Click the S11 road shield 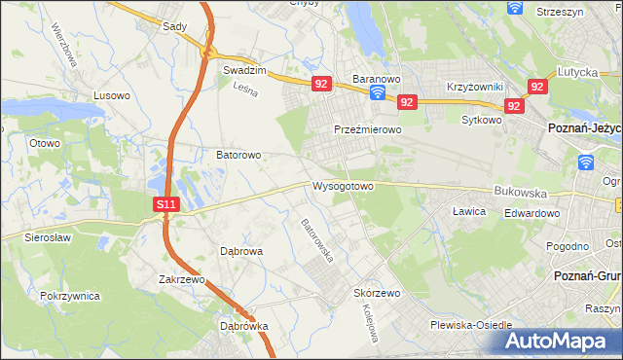click(x=166, y=204)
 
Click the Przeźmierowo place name click(x=368, y=129)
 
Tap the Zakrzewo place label click(x=183, y=278)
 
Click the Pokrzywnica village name click(x=71, y=294)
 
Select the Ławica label click(x=469, y=210)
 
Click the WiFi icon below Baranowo click(x=378, y=93)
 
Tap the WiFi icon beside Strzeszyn click(x=515, y=8)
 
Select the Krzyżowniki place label click(x=474, y=87)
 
